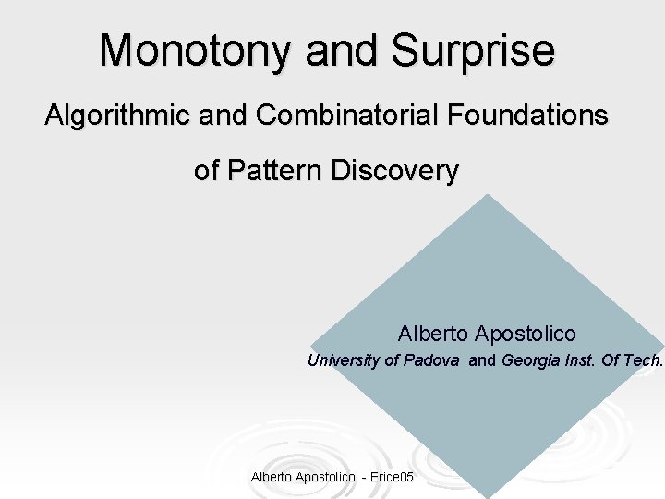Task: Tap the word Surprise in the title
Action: coord(473,50)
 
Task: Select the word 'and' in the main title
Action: coord(341,50)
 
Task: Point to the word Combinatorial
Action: coord(348,116)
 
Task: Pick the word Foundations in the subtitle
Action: coord(528,116)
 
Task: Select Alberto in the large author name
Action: coord(433,333)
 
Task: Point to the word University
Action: coord(344,360)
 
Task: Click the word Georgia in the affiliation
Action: coord(531,360)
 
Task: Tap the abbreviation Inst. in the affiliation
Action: coord(580,360)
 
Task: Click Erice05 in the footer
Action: coord(393,477)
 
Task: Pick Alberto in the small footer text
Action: coord(270,477)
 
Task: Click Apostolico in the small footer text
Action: coord(324,477)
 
